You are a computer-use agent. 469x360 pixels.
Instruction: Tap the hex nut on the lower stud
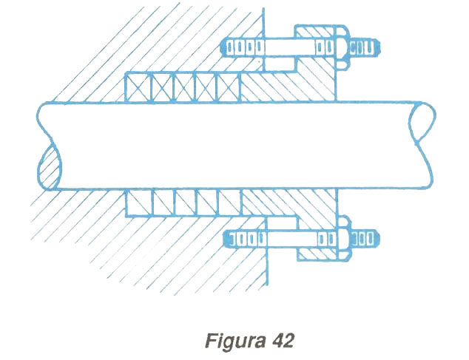click(343, 239)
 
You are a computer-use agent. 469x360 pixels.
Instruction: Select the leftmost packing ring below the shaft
click(138, 202)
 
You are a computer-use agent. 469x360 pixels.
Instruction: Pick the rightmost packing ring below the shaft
click(230, 202)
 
